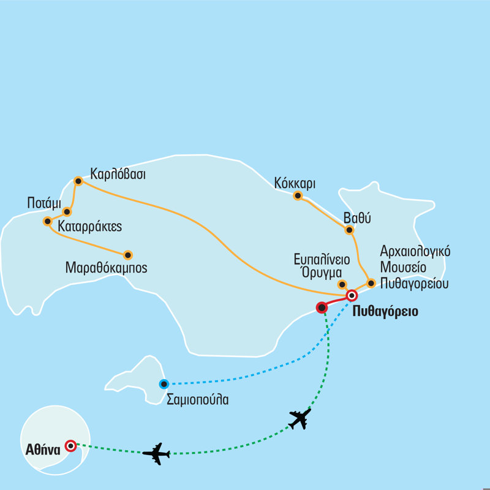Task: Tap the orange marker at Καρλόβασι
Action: click(x=78, y=181)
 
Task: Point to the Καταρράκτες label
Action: click(x=89, y=226)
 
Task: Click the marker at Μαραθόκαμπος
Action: click(x=128, y=255)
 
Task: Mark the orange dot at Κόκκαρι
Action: click(x=298, y=196)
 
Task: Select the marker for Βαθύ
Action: click(x=349, y=230)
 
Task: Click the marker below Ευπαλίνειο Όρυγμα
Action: click(x=342, y=284)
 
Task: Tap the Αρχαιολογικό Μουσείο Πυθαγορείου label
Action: click(x=415, y=267)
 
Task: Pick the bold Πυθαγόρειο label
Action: click(x=385, y=311)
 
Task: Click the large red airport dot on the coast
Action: click(x=321, y=307)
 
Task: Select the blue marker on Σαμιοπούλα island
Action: click(x=164, y=384)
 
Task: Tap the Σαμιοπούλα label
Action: click(x=198, y=400)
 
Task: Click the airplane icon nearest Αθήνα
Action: click(x=156, y=453)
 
